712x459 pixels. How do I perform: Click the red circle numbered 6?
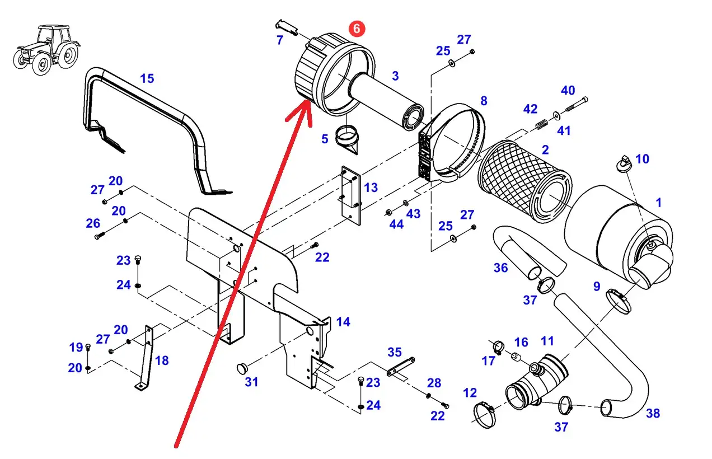(x=357, y=29)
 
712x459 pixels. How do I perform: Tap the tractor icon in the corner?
(x=46, y=50)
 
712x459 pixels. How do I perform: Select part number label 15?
(x=147, y=78)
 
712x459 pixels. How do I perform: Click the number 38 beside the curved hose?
(x=653, y=413)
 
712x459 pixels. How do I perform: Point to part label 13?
(x=371, y=188)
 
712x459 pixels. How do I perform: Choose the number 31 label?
(x=251, y=382)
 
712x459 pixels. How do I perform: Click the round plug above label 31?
(x=242, y=368)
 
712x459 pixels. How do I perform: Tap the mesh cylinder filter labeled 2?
(x=524, y=181)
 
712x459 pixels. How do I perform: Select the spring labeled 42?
(x=542, y=124)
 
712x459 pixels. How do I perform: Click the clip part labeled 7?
(x=287, y=27)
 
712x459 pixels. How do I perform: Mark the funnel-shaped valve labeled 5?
(x=347, y=140)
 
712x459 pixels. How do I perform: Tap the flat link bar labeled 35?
(x=401, y=367)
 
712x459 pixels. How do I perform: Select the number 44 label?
(x=396, y=224)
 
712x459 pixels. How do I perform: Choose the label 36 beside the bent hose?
(x=500, y=268)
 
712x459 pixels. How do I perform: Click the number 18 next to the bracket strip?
(x=162, y=360)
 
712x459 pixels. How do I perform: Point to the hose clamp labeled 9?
(x=618, y=301)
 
